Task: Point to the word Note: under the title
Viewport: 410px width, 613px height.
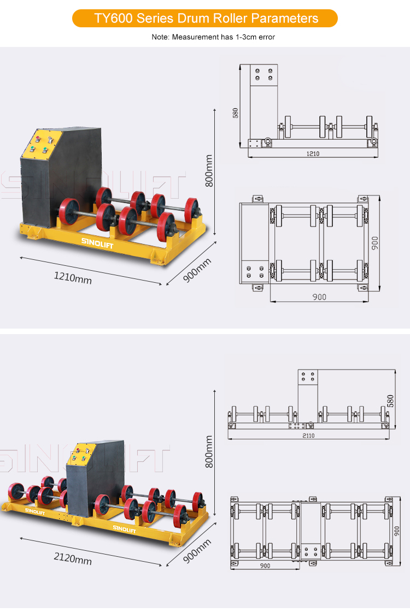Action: (161, 37)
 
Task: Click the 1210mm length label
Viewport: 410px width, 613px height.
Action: (73, 278)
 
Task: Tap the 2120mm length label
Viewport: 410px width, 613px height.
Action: (73, 558)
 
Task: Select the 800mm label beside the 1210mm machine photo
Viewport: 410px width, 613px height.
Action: (209, 171)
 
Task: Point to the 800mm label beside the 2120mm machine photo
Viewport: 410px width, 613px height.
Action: (209, 451)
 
